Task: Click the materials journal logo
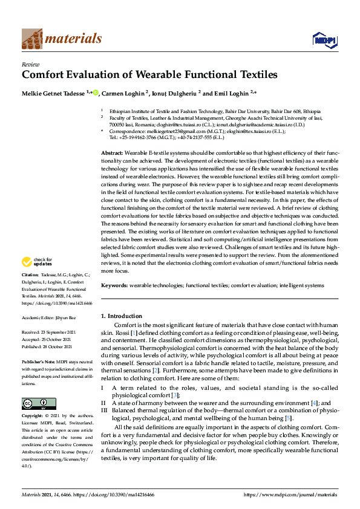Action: (x=61, y=39)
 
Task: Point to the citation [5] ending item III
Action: (x=289, y=418)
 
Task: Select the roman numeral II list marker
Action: (x=103, y=402)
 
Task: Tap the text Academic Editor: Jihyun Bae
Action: (x=54, y=317)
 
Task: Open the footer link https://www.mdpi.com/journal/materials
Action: (x=290, y=494)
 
